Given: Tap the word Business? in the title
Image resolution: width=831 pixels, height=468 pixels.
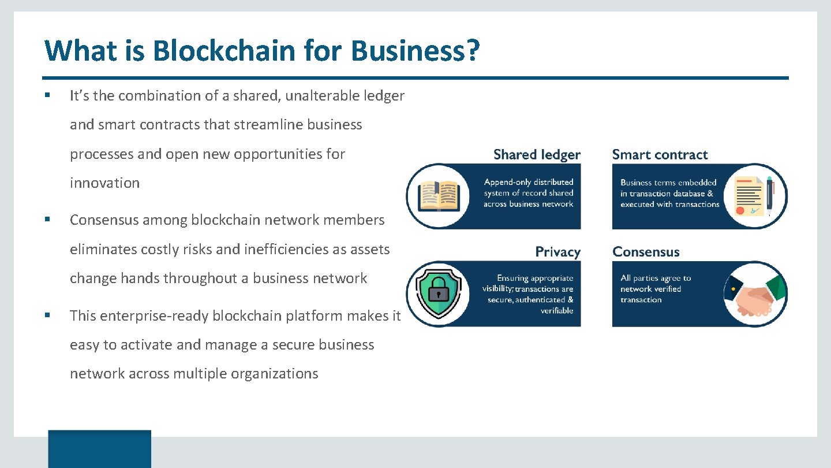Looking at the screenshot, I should pos(415,50).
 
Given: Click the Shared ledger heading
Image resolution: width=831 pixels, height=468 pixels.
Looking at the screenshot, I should pos(537,155).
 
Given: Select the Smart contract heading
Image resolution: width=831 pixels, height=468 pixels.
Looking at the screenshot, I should pos(660,155).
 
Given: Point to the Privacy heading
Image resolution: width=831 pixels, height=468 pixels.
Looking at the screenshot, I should pos(557,252).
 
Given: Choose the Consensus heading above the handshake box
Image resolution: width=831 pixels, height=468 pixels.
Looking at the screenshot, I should pos(646,252).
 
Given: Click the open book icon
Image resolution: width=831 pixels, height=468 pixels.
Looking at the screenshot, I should pos(438,196).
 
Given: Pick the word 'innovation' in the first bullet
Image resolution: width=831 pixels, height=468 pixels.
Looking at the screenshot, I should pos(104,183).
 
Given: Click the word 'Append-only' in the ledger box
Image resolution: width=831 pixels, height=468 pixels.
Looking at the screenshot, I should pos(507,183).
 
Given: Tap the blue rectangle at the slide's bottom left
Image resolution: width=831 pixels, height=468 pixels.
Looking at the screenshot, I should pos(99,448).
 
